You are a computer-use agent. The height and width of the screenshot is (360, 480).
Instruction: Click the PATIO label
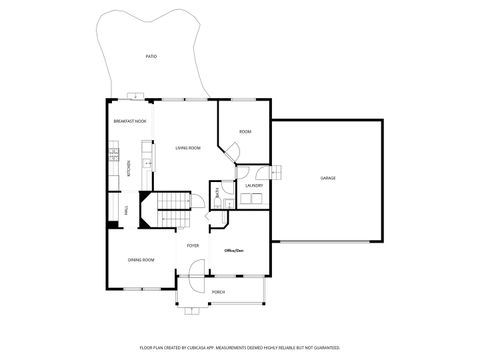tap(151, 57)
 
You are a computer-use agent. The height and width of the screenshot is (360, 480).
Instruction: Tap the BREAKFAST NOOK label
tap(130, 121)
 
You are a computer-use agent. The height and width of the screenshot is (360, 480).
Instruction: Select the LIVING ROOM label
tap(188, 148)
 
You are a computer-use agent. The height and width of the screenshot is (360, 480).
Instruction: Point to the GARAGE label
tap(327, 178)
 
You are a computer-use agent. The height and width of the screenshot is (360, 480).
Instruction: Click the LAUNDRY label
tap(254, 185)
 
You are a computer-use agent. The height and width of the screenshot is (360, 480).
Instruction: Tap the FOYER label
tap(193, 245)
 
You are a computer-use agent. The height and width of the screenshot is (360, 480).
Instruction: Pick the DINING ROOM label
tap(141, 260)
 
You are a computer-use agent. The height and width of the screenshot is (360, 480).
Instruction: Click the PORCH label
tap(218, 292)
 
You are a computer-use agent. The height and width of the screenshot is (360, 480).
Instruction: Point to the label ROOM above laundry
tap(245, 132)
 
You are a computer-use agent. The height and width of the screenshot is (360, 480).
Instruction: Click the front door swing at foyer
tap(195, 268)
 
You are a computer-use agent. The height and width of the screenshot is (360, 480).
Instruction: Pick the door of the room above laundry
tap(232, 153)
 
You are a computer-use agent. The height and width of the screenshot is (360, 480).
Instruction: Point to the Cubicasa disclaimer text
tap(239, 347)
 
